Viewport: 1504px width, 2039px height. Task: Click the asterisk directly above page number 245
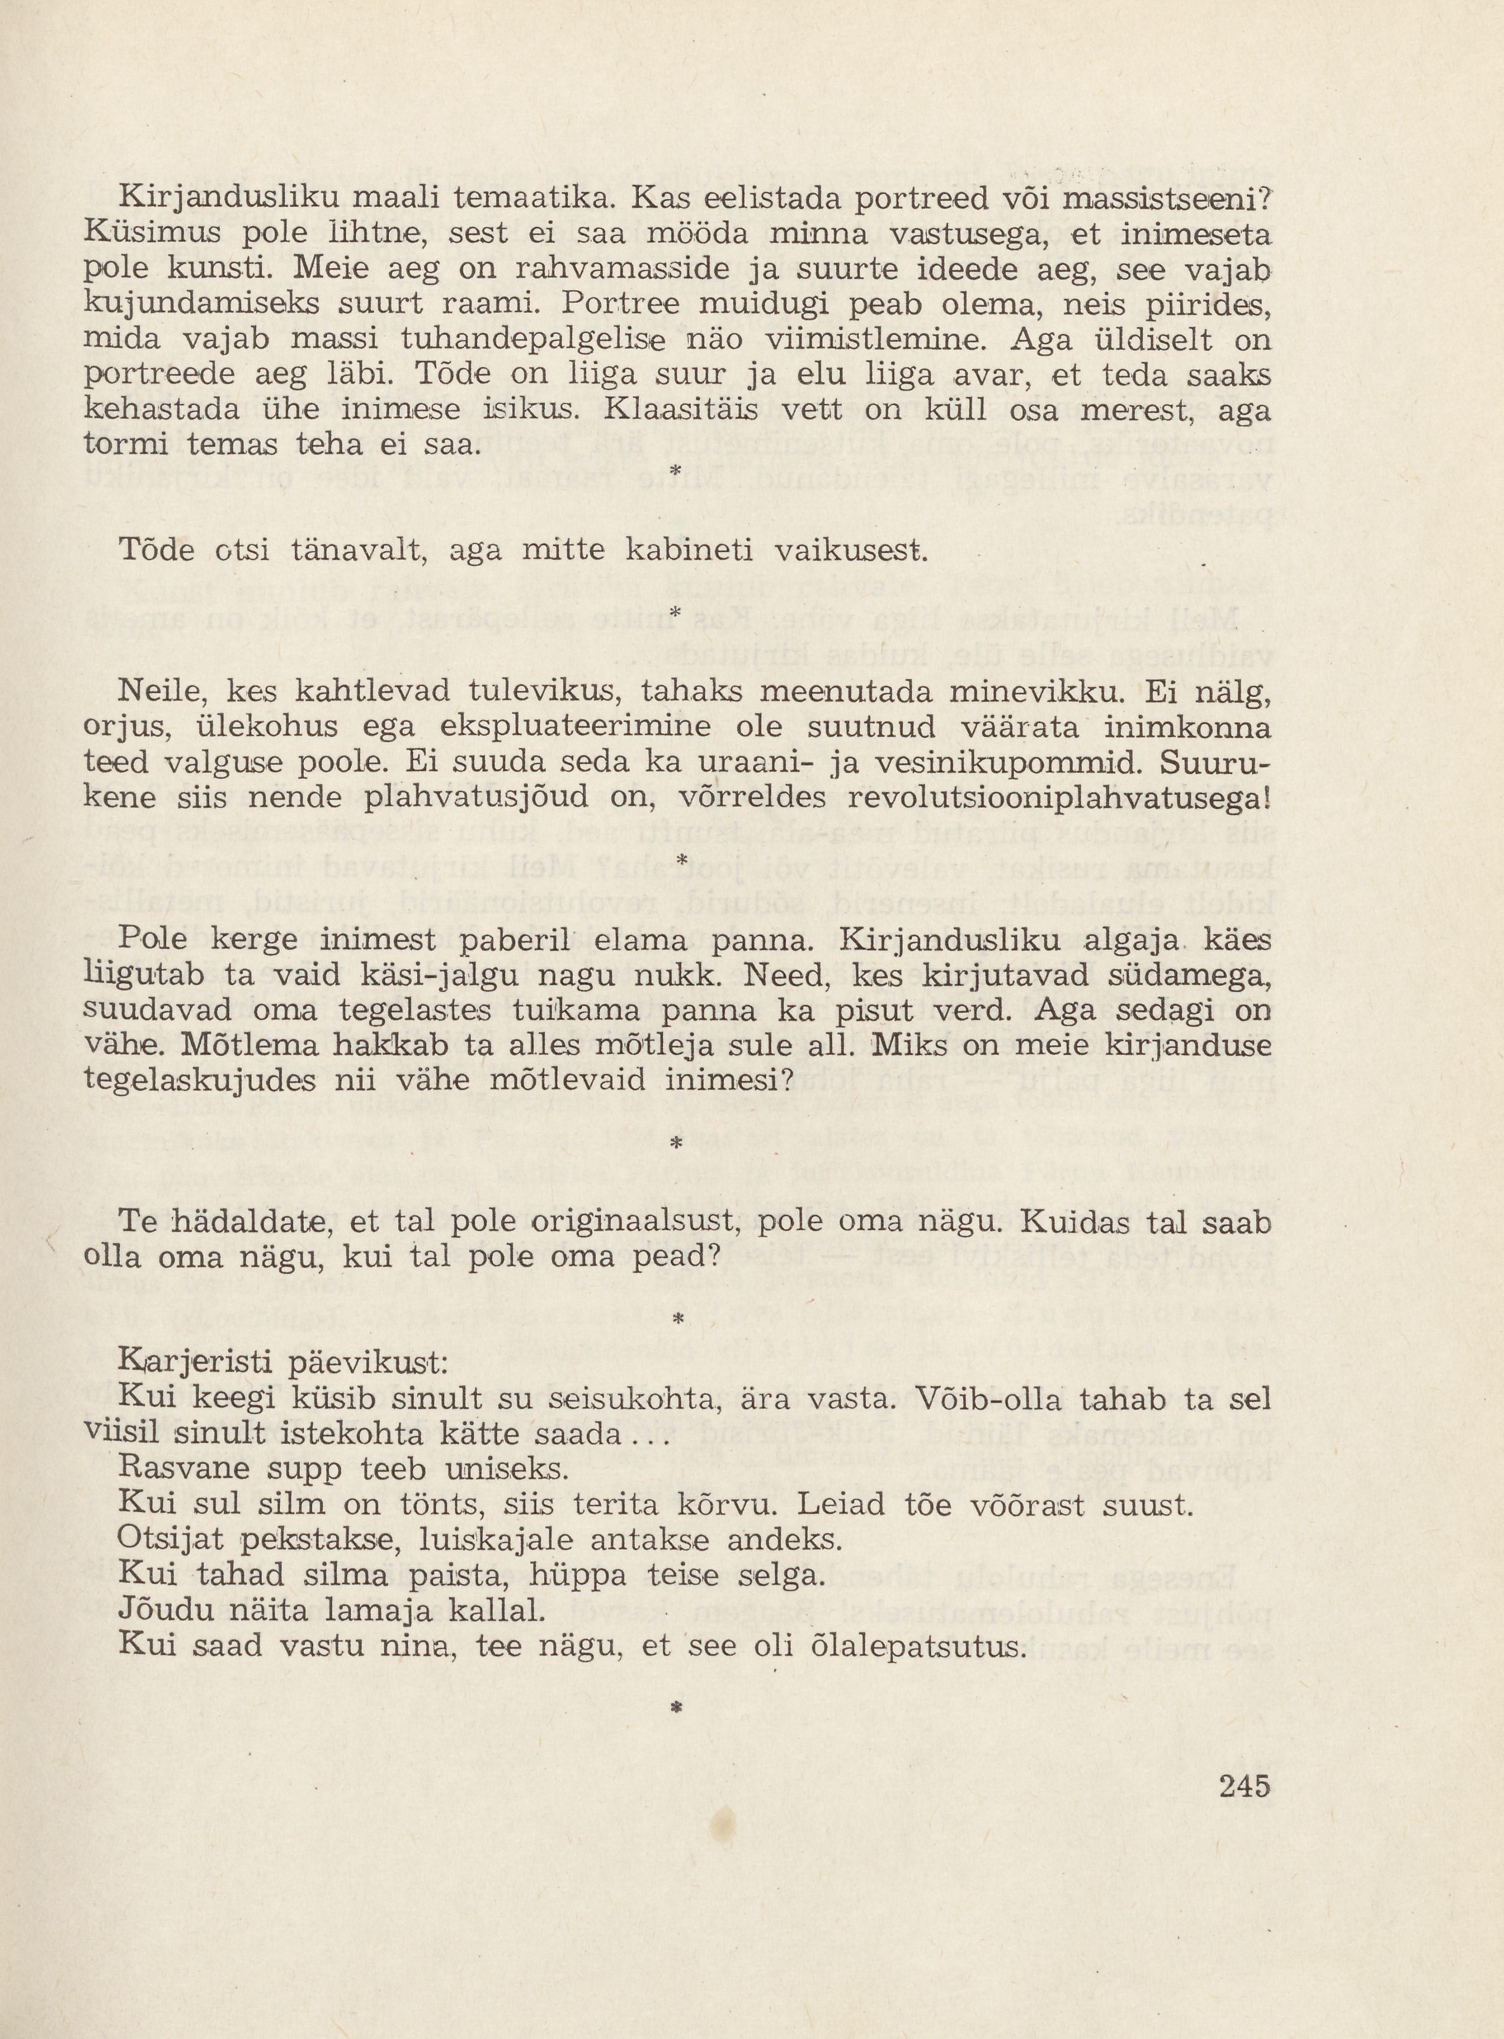(x=675, y=1710)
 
